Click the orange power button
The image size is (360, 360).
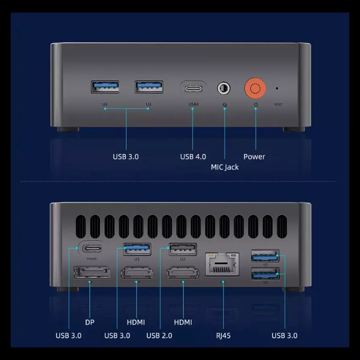[255, 89]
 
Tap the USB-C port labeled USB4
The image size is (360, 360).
[193, 89]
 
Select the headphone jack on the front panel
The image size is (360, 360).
[224, 88]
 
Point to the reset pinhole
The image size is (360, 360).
[277, 88]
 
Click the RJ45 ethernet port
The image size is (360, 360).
[222, 264]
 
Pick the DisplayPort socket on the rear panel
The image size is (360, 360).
[92, 272]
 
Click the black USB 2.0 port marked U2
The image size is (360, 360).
[183, 249]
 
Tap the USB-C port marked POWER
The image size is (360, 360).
[92, 249]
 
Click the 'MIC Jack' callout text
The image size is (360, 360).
[225, 167]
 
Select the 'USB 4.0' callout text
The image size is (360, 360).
[193, 157]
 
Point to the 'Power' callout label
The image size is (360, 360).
[254, 157]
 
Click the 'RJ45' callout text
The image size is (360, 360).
[223, 336]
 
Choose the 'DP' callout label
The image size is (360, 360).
[89, 322]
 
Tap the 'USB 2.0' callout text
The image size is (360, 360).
[159, 336]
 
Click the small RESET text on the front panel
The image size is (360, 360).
[278, 105]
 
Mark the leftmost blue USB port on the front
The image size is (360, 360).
[105, 87]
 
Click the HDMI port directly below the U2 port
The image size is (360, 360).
[183, 272]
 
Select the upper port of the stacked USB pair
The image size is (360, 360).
[265, 256]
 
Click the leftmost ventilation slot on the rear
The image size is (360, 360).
[81, 227]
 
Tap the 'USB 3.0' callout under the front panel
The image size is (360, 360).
[126, 157]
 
